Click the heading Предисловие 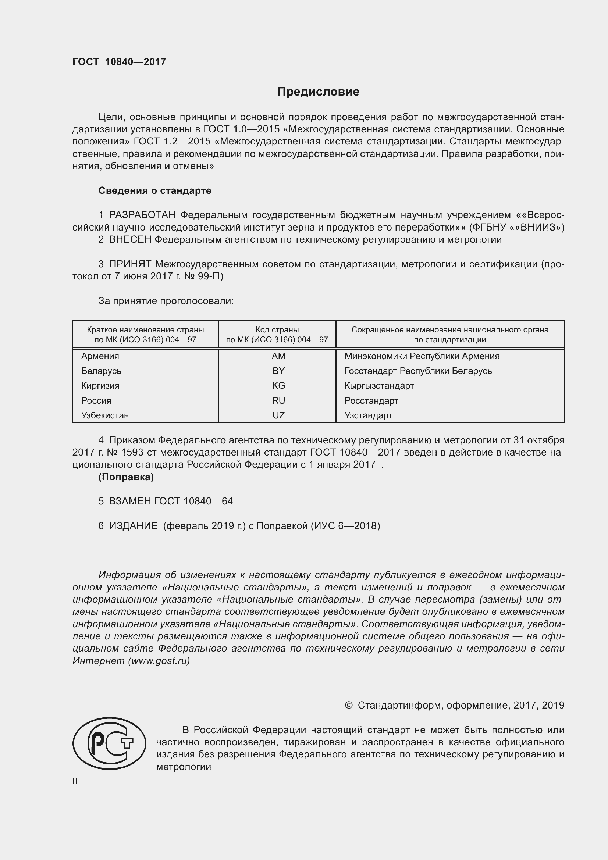point(318,92)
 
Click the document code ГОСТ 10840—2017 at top point(119,62)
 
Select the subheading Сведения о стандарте point(155,191)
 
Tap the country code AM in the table point(278,356)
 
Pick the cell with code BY point(278,371)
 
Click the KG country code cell point(278,385)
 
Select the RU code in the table point(278,400)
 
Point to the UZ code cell point(278,415)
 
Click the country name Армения point(100,356)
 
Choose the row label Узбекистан point(105,415)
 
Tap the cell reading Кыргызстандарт point(379,385)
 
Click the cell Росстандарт point(371,400)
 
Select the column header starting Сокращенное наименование point(449,335)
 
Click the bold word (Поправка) point(126,477)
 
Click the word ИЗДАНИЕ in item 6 point(134,526)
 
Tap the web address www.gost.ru point(159,660)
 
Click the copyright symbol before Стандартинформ point(348,705)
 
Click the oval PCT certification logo point(109,743)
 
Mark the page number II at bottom point(75,781)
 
